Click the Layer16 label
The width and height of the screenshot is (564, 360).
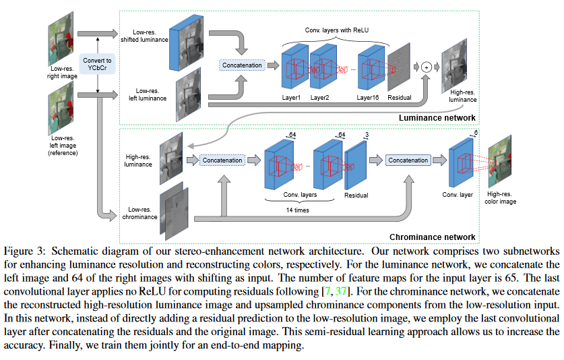click(x=369, y=97)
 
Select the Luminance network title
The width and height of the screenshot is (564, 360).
click(x=435, y=118)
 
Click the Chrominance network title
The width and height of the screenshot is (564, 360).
click(x=432, y=237)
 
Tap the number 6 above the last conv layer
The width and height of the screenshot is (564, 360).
click(x=475, y=133)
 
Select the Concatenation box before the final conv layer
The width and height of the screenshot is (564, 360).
click(x=408, y=160)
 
